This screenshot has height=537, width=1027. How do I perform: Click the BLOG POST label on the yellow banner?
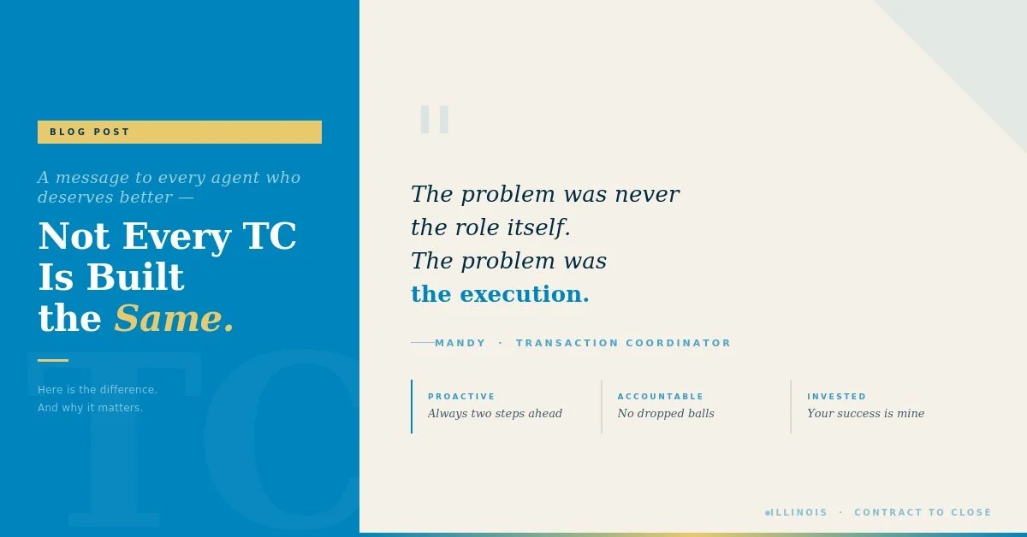[x=90, y=133]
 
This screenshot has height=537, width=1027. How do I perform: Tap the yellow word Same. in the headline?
[x=174, y=319]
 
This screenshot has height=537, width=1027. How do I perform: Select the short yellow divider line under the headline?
[x=53, y=360]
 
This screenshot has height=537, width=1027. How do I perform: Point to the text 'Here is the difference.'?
[x=98, y=390]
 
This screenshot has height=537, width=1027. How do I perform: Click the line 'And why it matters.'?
[x=90, y=408]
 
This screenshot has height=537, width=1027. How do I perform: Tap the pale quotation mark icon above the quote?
[x=434, y=120]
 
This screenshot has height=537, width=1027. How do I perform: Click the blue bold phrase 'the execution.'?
[x=500, y=294]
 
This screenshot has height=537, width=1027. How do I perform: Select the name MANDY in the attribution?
[x=460, y=344]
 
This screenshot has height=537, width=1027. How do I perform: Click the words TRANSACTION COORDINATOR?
[x=623, y=344]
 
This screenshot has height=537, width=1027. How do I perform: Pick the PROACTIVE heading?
[x=461, y=397]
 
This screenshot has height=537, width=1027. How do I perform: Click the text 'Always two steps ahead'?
[x=495, y=414]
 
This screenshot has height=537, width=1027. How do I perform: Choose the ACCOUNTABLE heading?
[x=660, y=397]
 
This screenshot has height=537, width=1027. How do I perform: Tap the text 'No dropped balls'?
[x=665, y=414]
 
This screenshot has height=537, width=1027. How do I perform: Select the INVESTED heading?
[x=836, y=397]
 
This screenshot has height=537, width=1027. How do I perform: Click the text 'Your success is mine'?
[x=865, y=414]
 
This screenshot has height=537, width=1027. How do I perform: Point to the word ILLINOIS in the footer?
[x=799, y=513]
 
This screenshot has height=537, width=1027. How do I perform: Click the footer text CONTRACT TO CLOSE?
[x=923, y=513]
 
